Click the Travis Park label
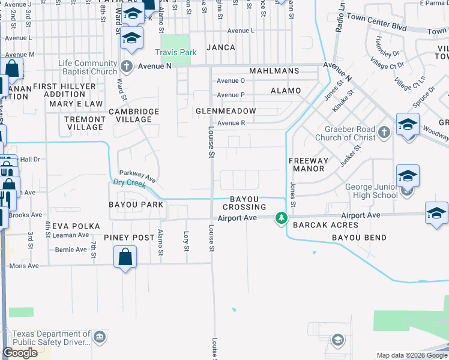pyautogui.click(x=175, y=52)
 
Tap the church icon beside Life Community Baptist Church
pyautogui.click(x=126, y=66)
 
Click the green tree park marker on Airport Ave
pyautogui.click(x=280, y=218)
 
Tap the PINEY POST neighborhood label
pyautogui.click(x=129, y=238)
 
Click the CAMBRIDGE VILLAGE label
pyautogui.click(x=134, y=115)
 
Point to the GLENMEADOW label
pyautogui.click(x=226, y=111)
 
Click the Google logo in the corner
pyautogui.click(x=20, y=353)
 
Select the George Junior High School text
pyautogui.click(x=372, y=191)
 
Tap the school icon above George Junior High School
pyautogui.click(x=408, y=176)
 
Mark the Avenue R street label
pyautogui.click(x=231, y=123)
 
